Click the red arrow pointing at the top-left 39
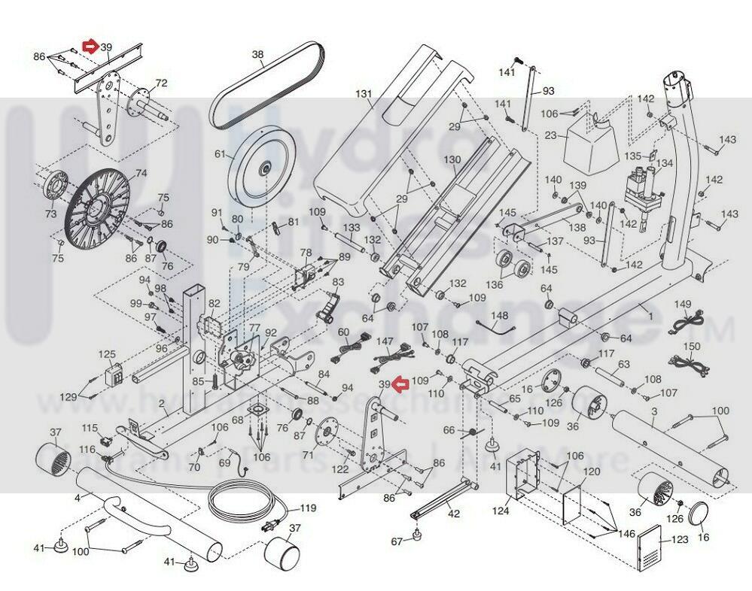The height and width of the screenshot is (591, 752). (x=90, y=47)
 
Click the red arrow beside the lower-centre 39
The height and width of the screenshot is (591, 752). (x=400, y=386)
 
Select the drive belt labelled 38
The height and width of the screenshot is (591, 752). (x=267, y=83)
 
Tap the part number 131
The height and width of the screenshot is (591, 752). (x=364, y=94)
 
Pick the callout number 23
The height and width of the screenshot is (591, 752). (x=550, y=136)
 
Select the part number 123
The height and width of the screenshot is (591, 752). (x=679, y=539)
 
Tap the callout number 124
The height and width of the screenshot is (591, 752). (x=501, y=511)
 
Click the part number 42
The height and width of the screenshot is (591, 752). (x=453, y=514)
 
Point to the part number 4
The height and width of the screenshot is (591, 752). (x=77, y=497)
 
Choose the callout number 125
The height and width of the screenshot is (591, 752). (x=108, y=353)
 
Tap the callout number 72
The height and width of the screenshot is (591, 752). (x=160, y=83)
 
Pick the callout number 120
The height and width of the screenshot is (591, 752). (x=592, y=472)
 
